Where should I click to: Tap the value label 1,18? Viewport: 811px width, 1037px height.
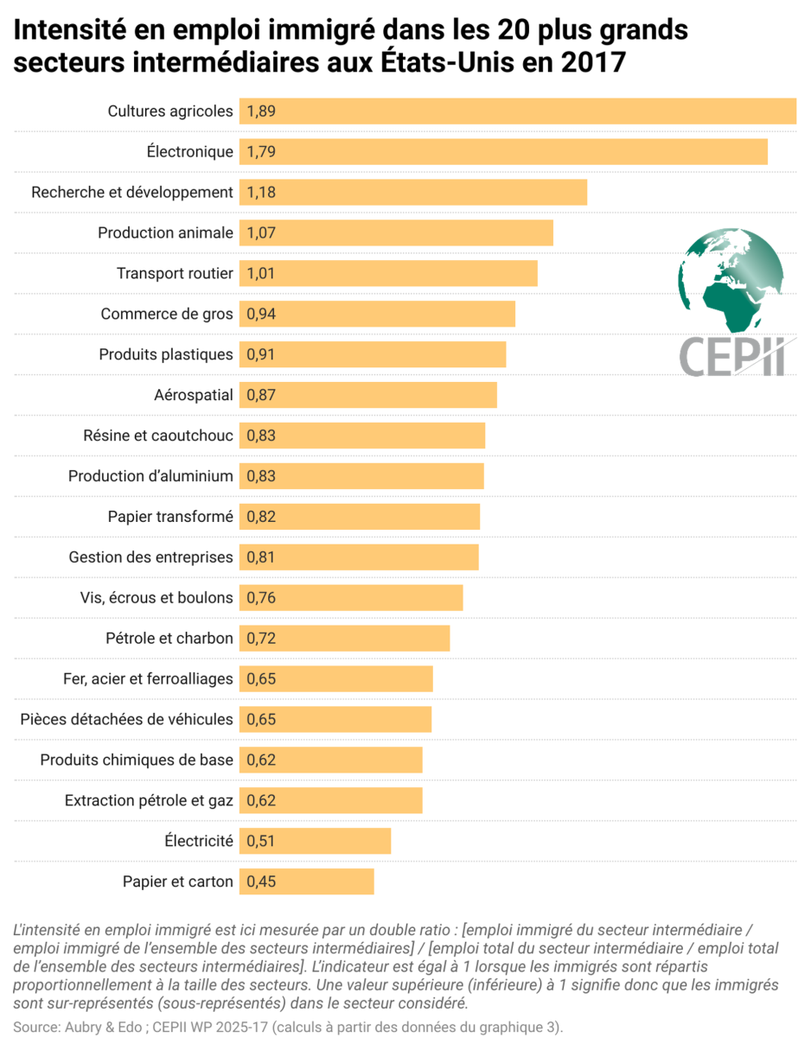261,193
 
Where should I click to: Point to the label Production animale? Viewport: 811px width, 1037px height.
165,233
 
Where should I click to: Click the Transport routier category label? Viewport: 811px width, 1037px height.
175,274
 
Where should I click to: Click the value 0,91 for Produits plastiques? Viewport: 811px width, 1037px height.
261,354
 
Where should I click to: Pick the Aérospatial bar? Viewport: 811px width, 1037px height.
368,395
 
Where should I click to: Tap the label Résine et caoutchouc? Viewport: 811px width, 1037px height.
158,436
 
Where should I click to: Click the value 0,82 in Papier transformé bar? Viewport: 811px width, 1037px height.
261,517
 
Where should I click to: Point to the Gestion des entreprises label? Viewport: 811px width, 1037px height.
151,557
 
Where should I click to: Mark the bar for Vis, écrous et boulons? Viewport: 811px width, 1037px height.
351,598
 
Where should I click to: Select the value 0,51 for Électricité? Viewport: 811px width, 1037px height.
261,841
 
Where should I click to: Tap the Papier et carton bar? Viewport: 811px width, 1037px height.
306,881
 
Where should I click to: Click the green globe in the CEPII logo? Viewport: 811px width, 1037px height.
731,277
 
